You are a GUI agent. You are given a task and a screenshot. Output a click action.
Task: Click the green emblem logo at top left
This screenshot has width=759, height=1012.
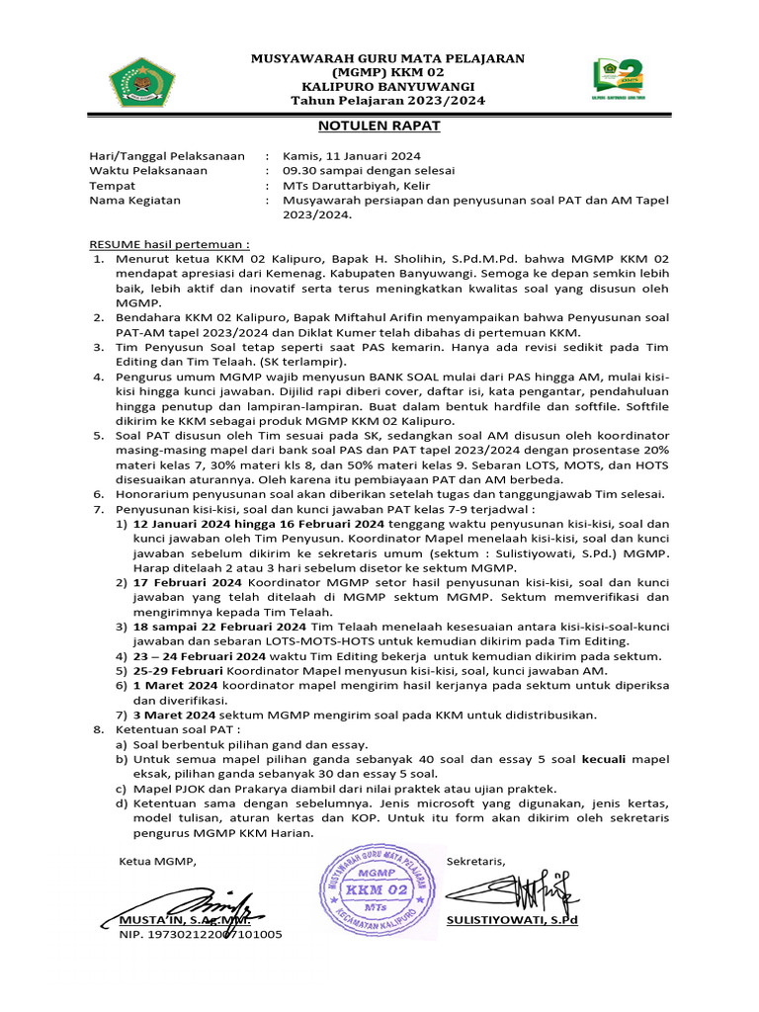145,82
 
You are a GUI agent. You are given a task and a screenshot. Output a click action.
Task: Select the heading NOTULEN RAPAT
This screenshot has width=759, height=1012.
379,126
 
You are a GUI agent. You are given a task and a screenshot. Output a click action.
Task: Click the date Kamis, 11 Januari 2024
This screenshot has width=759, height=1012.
352,155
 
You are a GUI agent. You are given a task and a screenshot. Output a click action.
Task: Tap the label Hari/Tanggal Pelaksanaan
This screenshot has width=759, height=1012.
167,155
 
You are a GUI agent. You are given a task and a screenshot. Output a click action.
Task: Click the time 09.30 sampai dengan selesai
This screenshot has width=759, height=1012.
361,170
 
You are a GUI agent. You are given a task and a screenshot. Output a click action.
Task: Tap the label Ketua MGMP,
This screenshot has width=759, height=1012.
158,861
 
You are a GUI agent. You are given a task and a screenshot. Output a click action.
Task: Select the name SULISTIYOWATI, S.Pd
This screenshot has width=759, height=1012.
512,919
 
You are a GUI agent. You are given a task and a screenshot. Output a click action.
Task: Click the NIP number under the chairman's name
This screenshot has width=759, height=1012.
201,934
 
